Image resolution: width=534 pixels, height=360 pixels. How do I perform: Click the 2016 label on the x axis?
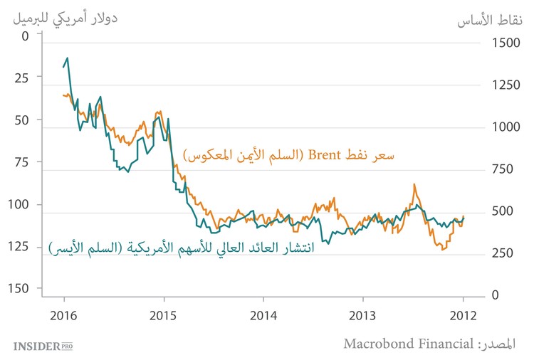[x=64, y=315]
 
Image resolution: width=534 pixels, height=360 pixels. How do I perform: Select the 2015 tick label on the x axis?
[x=164, y=315]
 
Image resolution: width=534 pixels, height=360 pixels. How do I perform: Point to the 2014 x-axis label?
[x=263, y=315]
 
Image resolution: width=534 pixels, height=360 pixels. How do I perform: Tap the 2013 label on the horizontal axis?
[x=363, y=315]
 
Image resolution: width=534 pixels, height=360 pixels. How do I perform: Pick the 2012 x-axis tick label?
[x=464, y=315]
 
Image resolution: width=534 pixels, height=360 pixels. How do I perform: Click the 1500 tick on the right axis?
[x=506, y=43]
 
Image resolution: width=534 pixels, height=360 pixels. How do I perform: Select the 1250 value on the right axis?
[x=506, y=85]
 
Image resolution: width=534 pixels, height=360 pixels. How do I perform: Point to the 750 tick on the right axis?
[x=506, y=169]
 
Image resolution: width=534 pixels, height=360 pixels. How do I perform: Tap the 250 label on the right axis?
[x=506, y=253]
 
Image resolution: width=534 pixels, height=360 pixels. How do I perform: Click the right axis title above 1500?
[x=489, y=20]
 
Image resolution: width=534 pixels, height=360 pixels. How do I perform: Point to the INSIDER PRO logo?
[x=43, y=346]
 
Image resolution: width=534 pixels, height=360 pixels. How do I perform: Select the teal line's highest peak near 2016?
[x=68, y=58]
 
